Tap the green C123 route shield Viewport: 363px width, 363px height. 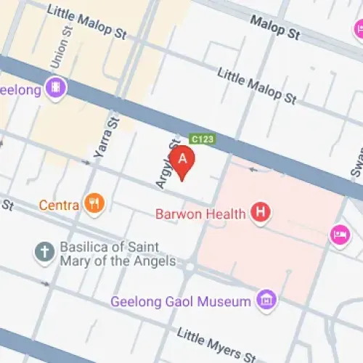(x=203, y=138)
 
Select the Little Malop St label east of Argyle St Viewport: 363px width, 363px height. (x=256, y=85)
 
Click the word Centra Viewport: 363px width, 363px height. (x=59, y=205)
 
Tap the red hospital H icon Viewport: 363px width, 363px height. (x=260, y=213)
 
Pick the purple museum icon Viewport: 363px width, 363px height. (x=266, y=300)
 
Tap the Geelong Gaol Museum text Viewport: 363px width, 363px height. (x=181, y=301)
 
